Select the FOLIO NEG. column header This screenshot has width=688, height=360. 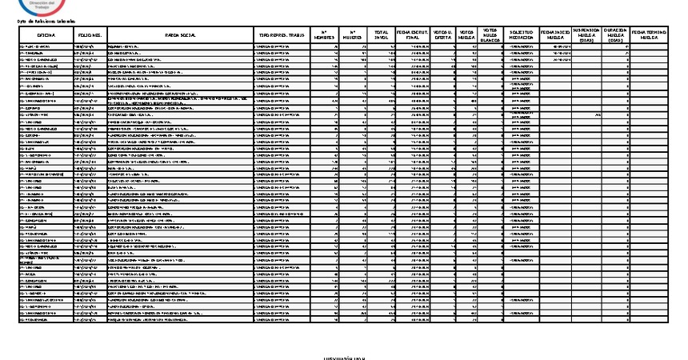(x=90, y=37)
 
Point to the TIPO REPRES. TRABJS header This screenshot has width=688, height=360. (x=282, y=37)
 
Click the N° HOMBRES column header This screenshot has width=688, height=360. (x=324, y=37)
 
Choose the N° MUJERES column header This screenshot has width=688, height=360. (x=353, y=37)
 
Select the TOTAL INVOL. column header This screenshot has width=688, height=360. (x=382, y=37)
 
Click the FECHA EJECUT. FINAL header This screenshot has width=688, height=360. (x=413, y=37)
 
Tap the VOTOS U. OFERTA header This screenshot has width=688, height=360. (x=444, y=37)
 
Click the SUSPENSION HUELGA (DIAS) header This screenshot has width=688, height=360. (x=586, y=37)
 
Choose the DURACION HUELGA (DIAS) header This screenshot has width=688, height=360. (x=614, y=37)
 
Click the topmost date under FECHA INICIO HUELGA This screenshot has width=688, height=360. (x=558, y=47)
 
